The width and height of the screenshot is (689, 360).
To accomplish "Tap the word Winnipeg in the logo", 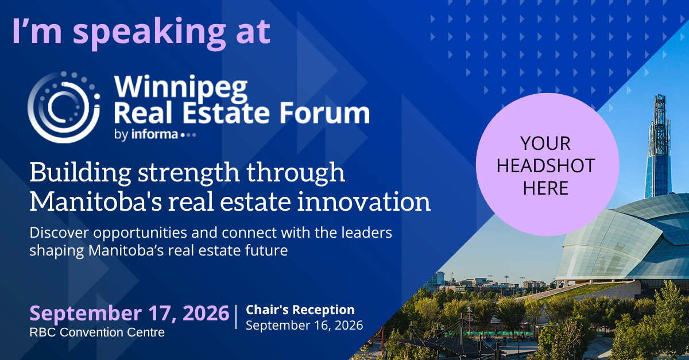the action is [181, 88].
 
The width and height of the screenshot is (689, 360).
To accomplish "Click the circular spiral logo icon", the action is [64, 107].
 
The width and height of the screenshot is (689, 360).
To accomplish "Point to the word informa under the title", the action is [154, 134].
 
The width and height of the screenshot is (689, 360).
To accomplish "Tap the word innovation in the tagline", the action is [364, 202].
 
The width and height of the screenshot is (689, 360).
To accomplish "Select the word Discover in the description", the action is [59, 233].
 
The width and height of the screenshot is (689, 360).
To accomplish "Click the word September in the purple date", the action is [86, 314].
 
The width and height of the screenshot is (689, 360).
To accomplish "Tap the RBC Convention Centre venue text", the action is [97, 332].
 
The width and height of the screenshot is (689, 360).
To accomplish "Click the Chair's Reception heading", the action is [300, 309].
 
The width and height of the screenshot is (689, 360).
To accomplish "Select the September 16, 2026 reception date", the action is [304, 325].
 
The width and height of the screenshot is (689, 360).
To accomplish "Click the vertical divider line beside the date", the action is [236, 317].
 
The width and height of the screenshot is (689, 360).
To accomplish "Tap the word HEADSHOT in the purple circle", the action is [545, 166].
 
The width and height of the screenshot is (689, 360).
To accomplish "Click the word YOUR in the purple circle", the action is [545, 144].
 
